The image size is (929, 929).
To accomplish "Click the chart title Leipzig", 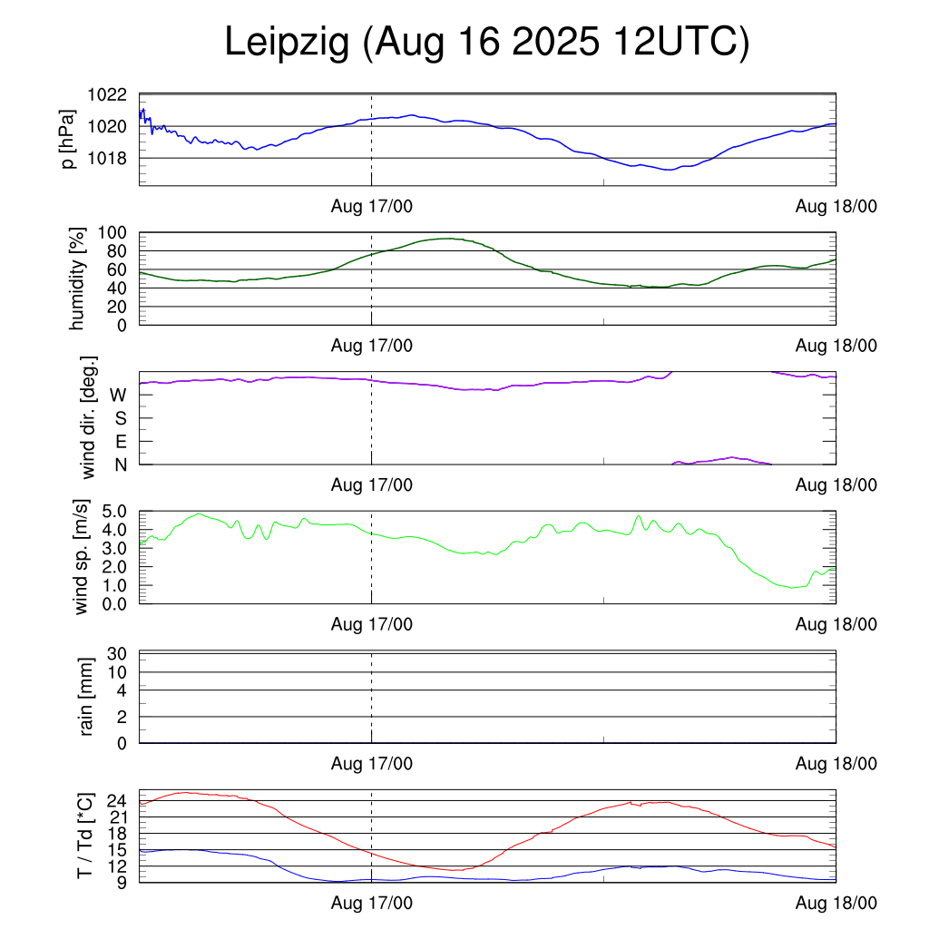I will click(x=487, y=43).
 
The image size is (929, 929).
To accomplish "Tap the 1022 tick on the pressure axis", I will click(x=107, y=94).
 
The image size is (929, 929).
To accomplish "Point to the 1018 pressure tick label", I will click(x=107, y=159).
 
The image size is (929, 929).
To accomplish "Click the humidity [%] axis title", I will click(x=77, y=279).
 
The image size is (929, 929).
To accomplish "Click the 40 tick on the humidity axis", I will click(x=120, y=288).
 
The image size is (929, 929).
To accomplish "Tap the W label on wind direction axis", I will click(x=118, y=395).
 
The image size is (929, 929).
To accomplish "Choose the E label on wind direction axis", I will click(x=120, y=442).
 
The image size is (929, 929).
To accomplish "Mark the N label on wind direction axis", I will click(x=119, y=464).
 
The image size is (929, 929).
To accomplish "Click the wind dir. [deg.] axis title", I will click(x=90, y=418).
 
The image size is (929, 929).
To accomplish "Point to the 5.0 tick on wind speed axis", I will click(x=114, y=511).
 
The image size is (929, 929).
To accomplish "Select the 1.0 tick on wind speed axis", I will click(x=114, y=585).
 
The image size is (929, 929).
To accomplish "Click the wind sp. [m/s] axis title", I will click(x=83, y=557).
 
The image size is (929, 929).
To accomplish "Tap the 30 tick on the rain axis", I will click(x=119, y=654).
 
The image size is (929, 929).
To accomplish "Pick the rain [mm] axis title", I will click(x=88, y=698).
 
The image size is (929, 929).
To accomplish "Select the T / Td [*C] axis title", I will click(x=84, y=835).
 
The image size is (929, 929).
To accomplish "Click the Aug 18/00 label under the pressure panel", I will click(x=836, y=207).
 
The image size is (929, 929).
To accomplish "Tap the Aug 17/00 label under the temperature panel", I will click(x=371, y=903).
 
